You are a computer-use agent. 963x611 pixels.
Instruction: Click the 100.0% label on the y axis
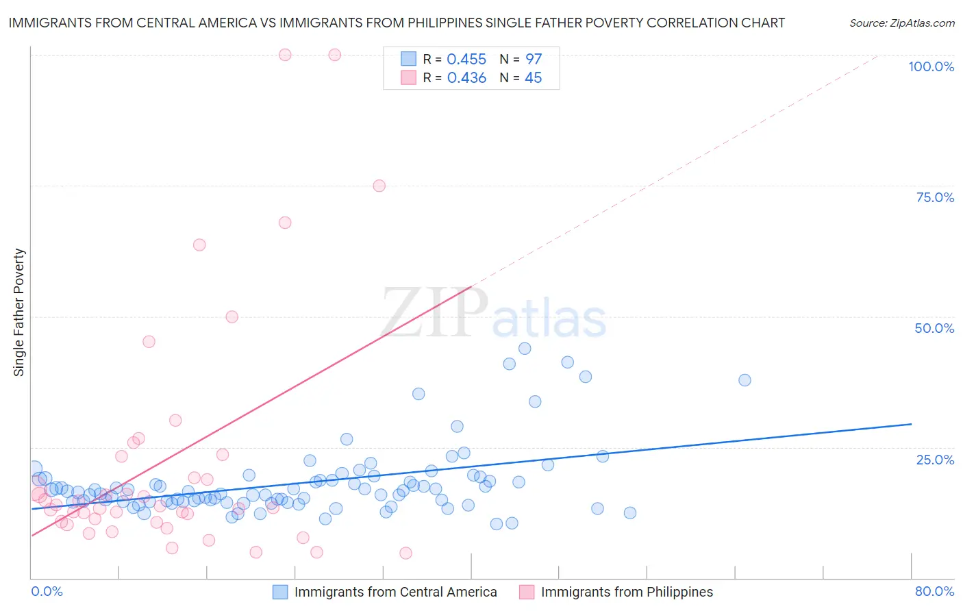[931, 66]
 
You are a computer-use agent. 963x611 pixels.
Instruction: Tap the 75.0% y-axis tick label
[935, 197]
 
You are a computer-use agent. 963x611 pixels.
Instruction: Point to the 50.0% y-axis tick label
[934, 328]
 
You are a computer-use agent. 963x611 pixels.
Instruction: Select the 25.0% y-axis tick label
[935, 459]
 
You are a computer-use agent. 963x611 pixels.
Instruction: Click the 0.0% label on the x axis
[47, 591]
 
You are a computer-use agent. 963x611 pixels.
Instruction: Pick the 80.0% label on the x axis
[934, 591]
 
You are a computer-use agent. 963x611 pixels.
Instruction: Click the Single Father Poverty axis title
[19, 312]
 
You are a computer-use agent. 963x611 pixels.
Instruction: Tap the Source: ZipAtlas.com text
[901, 23]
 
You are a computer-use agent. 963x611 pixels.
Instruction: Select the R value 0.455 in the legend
[466, 60]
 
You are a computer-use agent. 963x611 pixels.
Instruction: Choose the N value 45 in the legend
[533, 78]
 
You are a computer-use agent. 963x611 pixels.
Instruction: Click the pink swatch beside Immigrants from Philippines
[527, 592]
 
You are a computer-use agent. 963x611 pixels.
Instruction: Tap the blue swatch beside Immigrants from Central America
[280, 592]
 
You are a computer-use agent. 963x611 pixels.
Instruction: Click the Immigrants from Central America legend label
[395, 592]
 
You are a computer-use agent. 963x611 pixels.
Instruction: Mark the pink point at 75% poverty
[379, 186]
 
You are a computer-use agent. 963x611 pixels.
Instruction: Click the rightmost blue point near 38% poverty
[745, 380]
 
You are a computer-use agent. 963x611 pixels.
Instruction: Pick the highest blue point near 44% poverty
[525, 349]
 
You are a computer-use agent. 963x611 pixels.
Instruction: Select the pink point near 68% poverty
[285, 223]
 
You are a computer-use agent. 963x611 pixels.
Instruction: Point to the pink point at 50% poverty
[232, 316]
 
